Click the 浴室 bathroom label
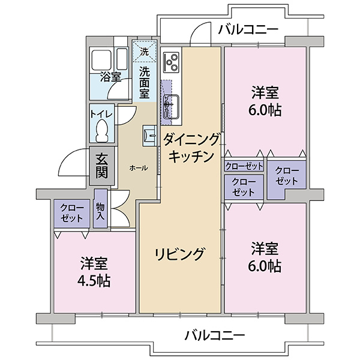pos(110,77)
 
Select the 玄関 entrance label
pos(102,166)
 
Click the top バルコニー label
pos(247,29)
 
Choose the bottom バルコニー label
pos(215,334)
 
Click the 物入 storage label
pos(100,211)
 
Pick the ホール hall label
pos(139,169)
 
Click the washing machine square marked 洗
pos(144,52)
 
